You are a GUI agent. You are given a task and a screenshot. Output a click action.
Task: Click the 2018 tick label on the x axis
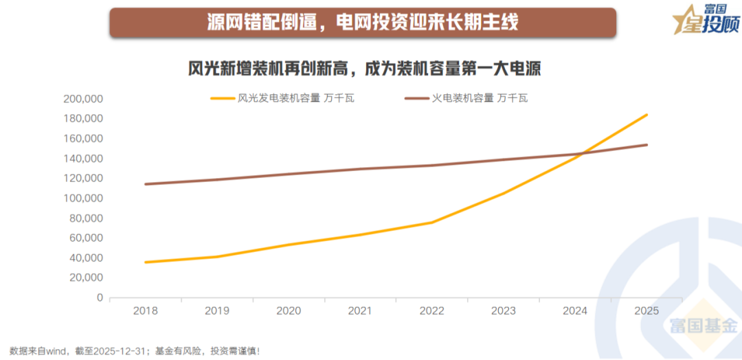click(146, 311)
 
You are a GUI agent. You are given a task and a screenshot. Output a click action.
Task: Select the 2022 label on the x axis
click(432, 311)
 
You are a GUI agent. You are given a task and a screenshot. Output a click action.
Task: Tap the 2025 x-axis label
click(647, 311)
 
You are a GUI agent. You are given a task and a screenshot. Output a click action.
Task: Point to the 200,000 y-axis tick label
click(83, 99)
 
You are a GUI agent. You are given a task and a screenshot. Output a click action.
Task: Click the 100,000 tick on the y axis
click(83, 199)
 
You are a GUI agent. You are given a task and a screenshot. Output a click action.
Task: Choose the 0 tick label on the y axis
click(100, 298)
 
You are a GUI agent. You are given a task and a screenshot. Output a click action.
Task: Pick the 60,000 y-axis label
click(86, 238)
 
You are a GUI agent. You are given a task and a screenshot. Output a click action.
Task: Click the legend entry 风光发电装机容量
click(282, 98)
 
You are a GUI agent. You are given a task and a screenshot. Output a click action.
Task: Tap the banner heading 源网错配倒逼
click(362, 22)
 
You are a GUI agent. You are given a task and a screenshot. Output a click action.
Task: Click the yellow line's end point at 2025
click(647, 115)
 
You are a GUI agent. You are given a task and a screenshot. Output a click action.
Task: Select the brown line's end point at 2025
click(647, 144)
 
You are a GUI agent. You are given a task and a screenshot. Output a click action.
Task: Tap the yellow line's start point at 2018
click(146, 262)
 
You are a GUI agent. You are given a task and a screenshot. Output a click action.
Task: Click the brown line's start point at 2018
click(146, 184)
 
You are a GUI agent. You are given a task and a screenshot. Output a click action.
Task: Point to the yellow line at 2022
click(432, 222)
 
